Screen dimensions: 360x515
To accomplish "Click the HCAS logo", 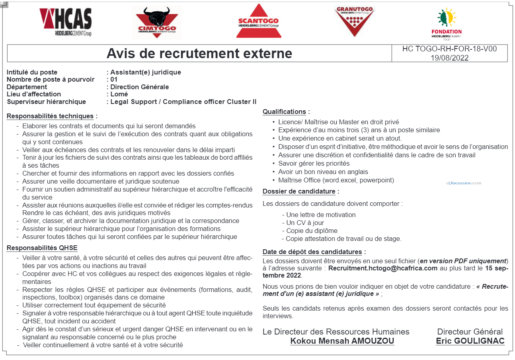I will click(x=66, y=22).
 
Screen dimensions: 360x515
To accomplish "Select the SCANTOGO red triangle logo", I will click(x=258, y=22).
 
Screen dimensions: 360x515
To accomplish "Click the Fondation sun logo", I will click(x=447, y=23).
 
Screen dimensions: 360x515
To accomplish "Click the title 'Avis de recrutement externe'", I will click(x=199, y=53).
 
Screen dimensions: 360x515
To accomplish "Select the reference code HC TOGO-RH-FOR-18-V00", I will click(x=449, y=49).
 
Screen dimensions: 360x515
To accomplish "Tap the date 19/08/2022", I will click(x=449, y=58).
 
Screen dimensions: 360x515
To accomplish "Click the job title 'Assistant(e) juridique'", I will click(x=146, y=72).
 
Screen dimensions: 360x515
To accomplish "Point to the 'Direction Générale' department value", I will click(x=139, y=87).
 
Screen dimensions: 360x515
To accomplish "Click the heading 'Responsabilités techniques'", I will click(x=50, y=116).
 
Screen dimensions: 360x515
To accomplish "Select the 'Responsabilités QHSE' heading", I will click(x=42, y=248).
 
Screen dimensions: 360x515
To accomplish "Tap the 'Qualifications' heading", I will click(x=284, y=112).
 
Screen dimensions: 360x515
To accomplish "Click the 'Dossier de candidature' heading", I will click(x=299, y=192).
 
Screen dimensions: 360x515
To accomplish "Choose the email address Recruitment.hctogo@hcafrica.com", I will click(x=383, y=268).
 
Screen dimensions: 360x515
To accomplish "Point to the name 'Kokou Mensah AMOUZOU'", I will click(x=342, y=341).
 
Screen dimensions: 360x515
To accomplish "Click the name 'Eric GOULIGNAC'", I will click(x=470, y=341).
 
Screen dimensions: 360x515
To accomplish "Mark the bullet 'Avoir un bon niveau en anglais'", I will click(x=323, y=172).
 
